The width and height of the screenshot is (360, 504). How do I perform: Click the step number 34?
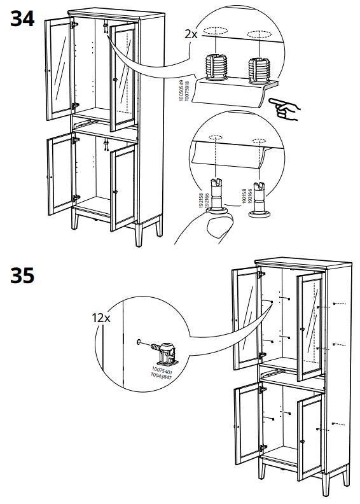[x=23, y=19]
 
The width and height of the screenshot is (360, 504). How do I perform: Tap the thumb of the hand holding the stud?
[x=220, y=228]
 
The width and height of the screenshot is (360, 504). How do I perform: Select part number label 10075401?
[x=162, y=370]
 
